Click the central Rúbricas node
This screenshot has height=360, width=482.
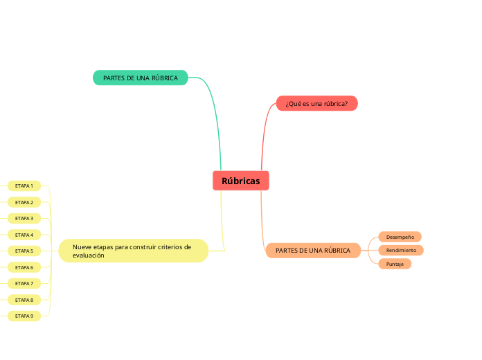coord(240,181)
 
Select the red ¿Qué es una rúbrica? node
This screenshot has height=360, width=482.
coord(316,104)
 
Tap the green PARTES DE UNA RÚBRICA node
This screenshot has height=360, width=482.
coord(141,78)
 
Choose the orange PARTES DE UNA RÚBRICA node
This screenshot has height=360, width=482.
coord(313,250)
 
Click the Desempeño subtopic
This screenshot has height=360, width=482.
coord(400,237)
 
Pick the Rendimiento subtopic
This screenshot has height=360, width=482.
coord(401,250)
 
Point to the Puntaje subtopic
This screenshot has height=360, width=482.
coord(395,264)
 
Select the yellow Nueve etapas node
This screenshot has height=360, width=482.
coord(133,251)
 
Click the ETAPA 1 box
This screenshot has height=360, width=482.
coord(24,186)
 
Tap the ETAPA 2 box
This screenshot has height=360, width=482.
coord(24,202)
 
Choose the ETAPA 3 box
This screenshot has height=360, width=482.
coord(24,218)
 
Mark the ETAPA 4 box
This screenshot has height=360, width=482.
coord(24,235)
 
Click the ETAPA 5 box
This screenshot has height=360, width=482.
coord(24,251)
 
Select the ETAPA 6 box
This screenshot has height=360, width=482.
coord(24,267)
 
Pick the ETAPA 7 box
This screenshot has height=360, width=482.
coord(24,283)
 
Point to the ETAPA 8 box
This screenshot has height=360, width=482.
coord(24,300)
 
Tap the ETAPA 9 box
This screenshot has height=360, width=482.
coord(24,316)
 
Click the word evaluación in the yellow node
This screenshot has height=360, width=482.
coord(88,255)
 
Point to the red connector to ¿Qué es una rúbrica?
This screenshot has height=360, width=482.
coord(265,132)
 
